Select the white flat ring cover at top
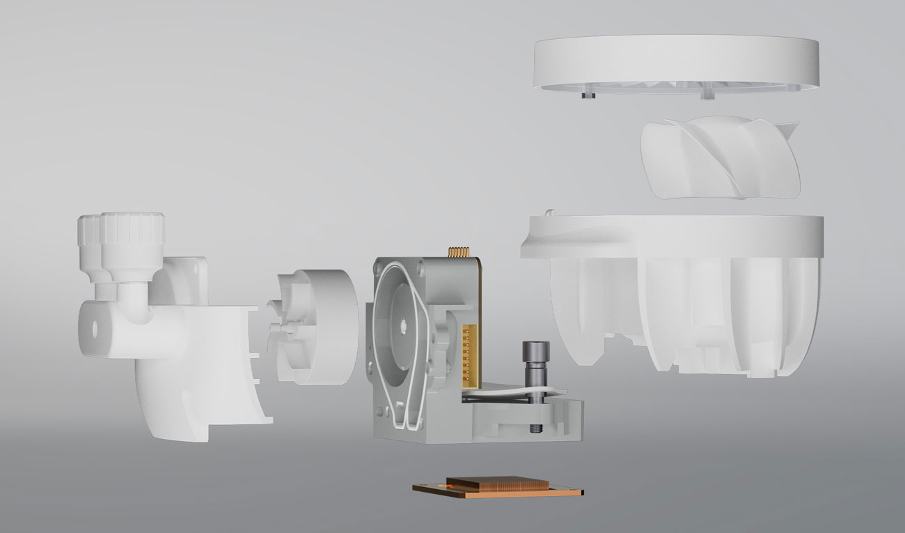click(x=675, y=63)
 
